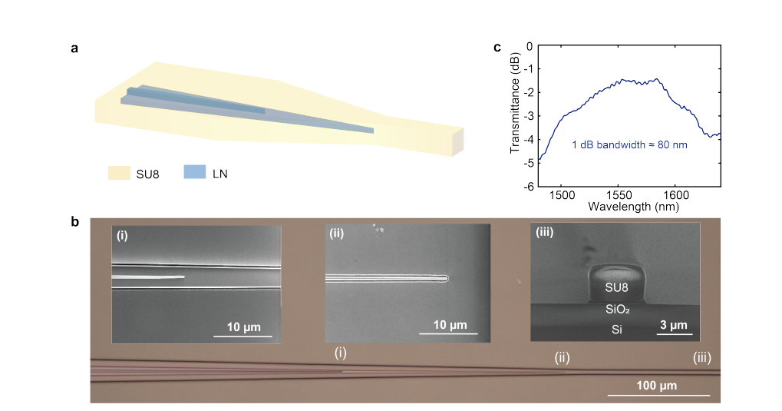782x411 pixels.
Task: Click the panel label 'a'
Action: (74, 49)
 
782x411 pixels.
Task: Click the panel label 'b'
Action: (74, 223)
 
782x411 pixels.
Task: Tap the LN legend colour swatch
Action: (195, 174)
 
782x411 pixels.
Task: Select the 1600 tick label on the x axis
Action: (675, 195)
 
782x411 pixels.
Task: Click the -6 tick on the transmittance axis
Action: (528, 186)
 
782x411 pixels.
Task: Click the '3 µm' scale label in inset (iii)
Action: (674, 325)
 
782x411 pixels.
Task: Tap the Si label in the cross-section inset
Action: (615, 329)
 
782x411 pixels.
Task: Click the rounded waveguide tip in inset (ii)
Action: (446, 279)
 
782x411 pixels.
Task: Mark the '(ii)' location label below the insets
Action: (563, 357)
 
